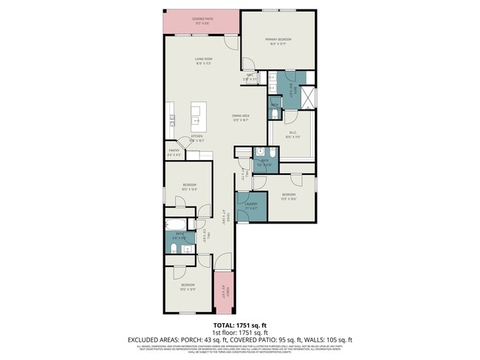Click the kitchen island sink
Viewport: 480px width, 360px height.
click(196, 119)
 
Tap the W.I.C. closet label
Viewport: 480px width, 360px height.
click(292, 135)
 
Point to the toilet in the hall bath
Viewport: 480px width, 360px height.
click(171, 250)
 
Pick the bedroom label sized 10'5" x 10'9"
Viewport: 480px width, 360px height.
click(188, 286)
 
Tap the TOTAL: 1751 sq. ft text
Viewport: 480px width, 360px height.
click(241, 325)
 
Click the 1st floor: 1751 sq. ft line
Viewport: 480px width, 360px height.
click(241, 332)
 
